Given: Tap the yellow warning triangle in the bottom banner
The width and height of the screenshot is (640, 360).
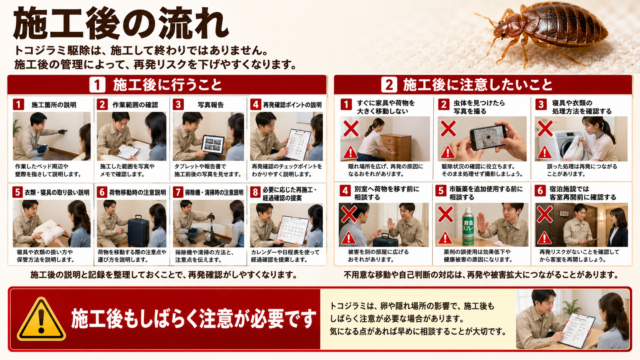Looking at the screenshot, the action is point(41,319).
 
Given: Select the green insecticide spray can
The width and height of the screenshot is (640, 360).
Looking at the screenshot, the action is point(468,226).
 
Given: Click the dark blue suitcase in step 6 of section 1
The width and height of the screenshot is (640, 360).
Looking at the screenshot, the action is point(138,231).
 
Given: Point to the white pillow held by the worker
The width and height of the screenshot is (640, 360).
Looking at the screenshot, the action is point(49,231).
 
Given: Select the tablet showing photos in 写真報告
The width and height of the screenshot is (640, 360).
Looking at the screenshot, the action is point(213,145).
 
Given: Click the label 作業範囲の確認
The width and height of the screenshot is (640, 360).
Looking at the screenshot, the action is point(135,105).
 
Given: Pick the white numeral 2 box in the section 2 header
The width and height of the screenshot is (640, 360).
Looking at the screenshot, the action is point(389,85).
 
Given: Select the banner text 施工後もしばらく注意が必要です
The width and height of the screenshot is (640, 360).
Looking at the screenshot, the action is point(193,319).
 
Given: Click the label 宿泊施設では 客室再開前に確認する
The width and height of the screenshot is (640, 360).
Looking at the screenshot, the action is point(583,193).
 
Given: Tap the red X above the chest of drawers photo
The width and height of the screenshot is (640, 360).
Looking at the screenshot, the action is point(351,128).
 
